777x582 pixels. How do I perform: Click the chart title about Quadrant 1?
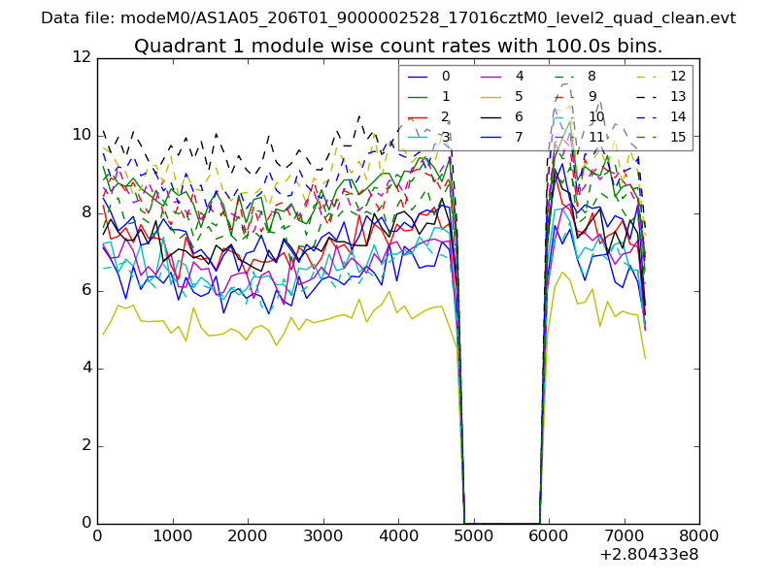click(x=398, y=46)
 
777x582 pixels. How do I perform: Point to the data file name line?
click(x=388, y=17)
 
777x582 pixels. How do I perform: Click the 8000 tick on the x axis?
click(x=699, y=535)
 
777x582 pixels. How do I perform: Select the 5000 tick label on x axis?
click(x=473, y=535)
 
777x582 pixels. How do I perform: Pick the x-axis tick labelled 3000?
click(x=322, y=535)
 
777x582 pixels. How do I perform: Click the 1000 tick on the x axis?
click(x=172, y=535)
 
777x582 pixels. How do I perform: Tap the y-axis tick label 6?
click(x=84, y=291)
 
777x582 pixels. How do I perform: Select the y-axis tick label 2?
click(x=84, y=446)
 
